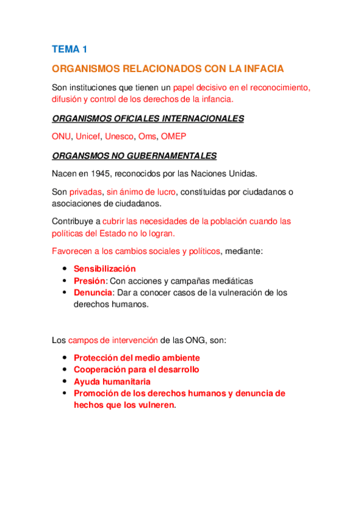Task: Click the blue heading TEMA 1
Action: (70, 48)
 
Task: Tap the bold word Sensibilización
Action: (104, 269)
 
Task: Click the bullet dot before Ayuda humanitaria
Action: (64, 382)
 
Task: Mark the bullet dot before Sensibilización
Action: (64, 269)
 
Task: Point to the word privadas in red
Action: (85, 192)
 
